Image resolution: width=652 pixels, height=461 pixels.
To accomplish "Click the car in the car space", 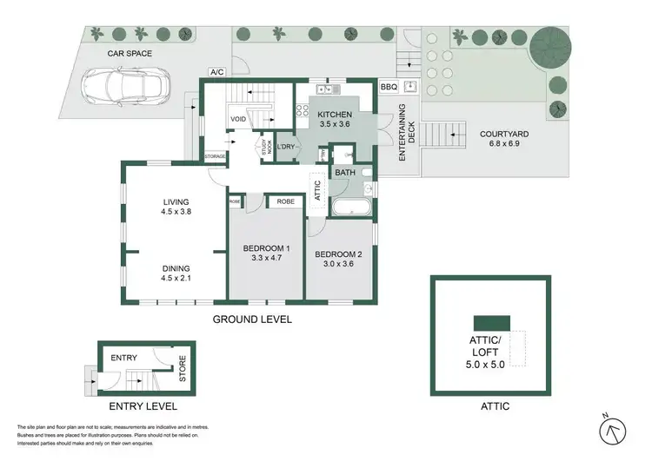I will click(121, 85).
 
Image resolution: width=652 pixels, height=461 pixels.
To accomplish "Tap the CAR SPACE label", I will click(130, 54).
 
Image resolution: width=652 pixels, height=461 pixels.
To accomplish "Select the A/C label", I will click(217, 72).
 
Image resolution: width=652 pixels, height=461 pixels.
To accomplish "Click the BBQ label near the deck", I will click(388, 88).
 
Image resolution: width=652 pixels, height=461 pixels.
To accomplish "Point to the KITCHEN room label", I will click(334, 115).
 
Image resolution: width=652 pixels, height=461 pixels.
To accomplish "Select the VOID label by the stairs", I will click(238, 120).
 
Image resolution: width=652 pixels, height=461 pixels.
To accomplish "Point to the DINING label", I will click(176, 269).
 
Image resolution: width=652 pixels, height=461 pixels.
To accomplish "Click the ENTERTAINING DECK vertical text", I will click(403, 135).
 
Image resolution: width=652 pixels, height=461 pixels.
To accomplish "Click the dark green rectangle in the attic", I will click(490, 321).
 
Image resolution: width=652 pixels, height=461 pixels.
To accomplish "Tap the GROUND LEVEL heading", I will click(252, 319).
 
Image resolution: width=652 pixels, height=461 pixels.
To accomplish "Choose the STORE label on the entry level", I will click(183, 366).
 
